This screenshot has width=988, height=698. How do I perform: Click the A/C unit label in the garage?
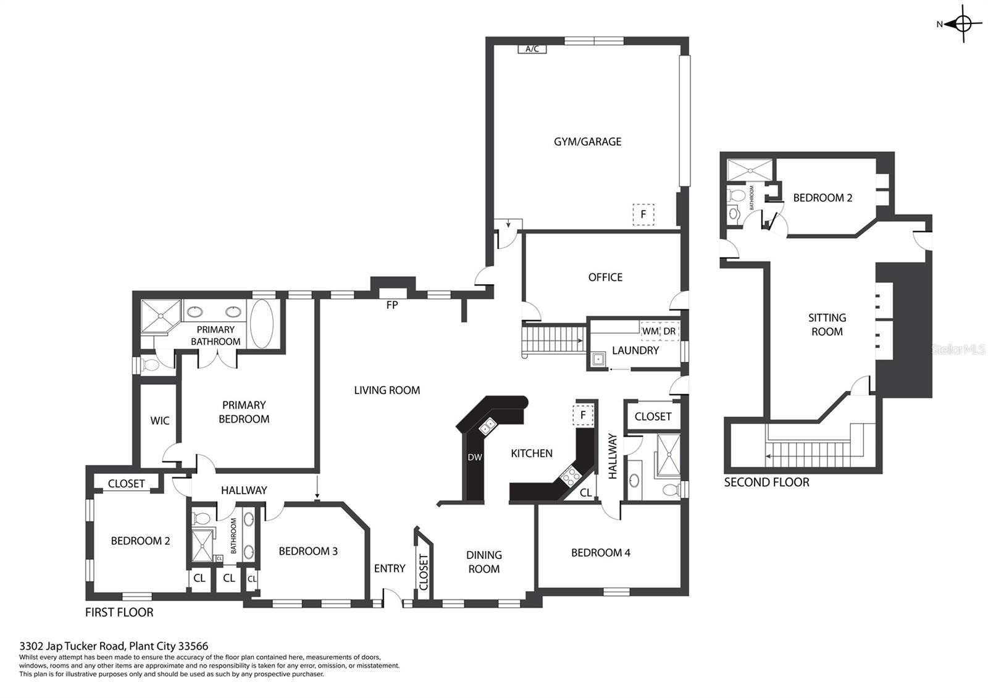coord(532,49)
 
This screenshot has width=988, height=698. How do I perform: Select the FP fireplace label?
coord(392,305)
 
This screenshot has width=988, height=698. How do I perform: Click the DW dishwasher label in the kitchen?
coord(475,458)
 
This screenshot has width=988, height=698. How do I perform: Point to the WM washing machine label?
coord(650,331)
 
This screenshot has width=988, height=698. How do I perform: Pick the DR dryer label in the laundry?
coord(669,331)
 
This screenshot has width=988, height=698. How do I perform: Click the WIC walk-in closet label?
coord(160,421)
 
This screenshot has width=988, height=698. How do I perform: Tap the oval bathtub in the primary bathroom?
coord(262,324)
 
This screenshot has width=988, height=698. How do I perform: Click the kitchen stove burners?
coord(571,476)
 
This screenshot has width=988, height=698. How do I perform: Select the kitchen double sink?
coord(487,427)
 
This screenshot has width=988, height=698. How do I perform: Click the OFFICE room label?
coord(605,277)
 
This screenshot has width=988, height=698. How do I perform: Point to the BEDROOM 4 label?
coord(600,552)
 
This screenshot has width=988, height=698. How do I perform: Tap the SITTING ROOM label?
coord(827,325)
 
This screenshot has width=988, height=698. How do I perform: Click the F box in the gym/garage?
coord(643,214)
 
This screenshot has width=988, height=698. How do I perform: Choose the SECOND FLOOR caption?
coord(766,482)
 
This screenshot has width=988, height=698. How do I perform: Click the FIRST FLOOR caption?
coord(119,612)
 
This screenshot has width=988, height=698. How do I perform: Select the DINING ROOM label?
coord(484,561)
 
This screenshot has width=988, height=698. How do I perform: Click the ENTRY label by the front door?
coord(390,568)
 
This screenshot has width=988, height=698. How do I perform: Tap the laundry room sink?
coord(598,360)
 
